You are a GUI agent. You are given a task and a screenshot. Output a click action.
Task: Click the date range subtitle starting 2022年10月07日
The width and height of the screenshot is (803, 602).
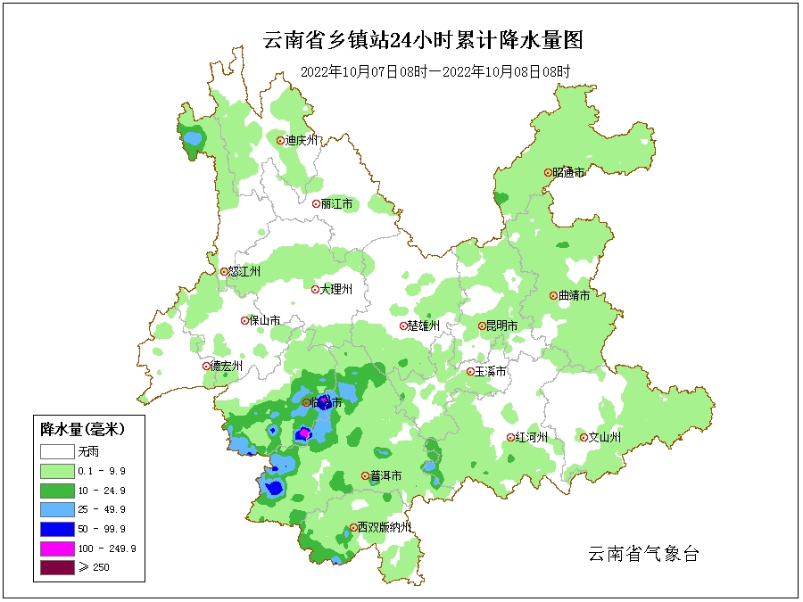point(435,71)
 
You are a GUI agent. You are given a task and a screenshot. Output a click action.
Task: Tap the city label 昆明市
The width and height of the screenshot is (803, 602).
point(501,326)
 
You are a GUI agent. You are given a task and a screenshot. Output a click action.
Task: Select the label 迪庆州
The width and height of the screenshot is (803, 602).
point(301,140)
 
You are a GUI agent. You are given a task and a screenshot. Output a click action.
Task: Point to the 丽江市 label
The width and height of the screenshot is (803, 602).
point(336,204)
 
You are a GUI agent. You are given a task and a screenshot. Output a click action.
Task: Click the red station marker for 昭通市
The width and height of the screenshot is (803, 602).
point(548,172)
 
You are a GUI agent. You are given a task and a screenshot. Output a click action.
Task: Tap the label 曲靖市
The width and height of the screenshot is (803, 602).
point(574,295)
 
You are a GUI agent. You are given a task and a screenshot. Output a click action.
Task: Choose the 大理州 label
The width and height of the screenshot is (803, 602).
point(336,289)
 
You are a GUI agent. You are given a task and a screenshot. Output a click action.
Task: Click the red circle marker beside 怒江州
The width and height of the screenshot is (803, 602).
point(224,272)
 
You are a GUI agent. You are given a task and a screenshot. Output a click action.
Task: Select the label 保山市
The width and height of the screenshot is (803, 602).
point(265,320)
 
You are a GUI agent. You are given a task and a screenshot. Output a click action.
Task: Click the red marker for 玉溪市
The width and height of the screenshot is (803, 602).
point(470,371)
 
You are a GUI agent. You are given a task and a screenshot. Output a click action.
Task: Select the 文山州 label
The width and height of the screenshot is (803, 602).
point(604,437)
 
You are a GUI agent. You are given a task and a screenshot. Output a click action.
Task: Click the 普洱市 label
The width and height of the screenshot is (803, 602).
point(385,476)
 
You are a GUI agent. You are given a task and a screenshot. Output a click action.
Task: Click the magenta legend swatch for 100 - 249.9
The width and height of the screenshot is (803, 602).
point(55,548)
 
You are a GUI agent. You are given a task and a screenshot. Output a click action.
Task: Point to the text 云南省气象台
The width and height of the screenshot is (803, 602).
point(642,554)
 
